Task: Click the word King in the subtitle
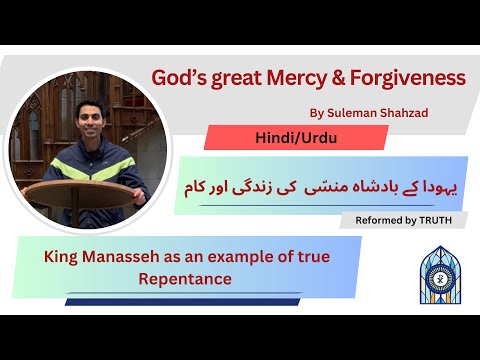point(64,257)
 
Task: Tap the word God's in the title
point(176,77)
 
